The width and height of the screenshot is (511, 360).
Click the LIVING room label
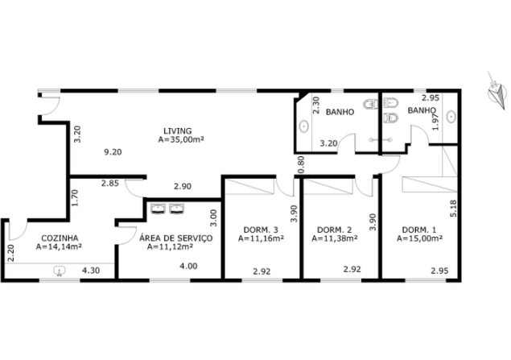point(178,131)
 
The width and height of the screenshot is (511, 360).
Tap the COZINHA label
point(60,238)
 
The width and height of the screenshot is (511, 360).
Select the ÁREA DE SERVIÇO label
point(176,238)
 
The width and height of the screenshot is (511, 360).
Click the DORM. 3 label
point(261,230)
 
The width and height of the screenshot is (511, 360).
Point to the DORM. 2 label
point(335,230)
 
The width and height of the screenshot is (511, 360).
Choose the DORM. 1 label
point(419,230)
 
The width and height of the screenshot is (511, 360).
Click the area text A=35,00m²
point(181,139)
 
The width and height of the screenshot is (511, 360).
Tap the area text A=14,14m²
point(59,246)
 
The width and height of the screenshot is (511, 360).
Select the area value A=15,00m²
point(419,238)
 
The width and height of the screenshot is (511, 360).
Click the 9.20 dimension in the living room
point(113,152)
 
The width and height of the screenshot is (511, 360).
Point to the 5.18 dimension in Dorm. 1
point(453,209)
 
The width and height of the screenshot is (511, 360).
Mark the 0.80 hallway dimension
point(301,164)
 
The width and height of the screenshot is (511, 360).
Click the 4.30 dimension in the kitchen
point(91,271)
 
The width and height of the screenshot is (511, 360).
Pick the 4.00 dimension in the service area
point(188,266)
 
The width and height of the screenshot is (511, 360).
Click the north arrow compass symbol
point(497,91)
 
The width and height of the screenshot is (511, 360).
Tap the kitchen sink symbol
point(60,271)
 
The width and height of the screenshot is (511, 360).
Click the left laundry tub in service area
point(158,209)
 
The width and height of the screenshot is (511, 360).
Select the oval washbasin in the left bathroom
point(304,126)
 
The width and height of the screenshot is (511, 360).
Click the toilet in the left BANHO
point(370,105)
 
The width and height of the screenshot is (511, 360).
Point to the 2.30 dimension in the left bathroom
point(315,105)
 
